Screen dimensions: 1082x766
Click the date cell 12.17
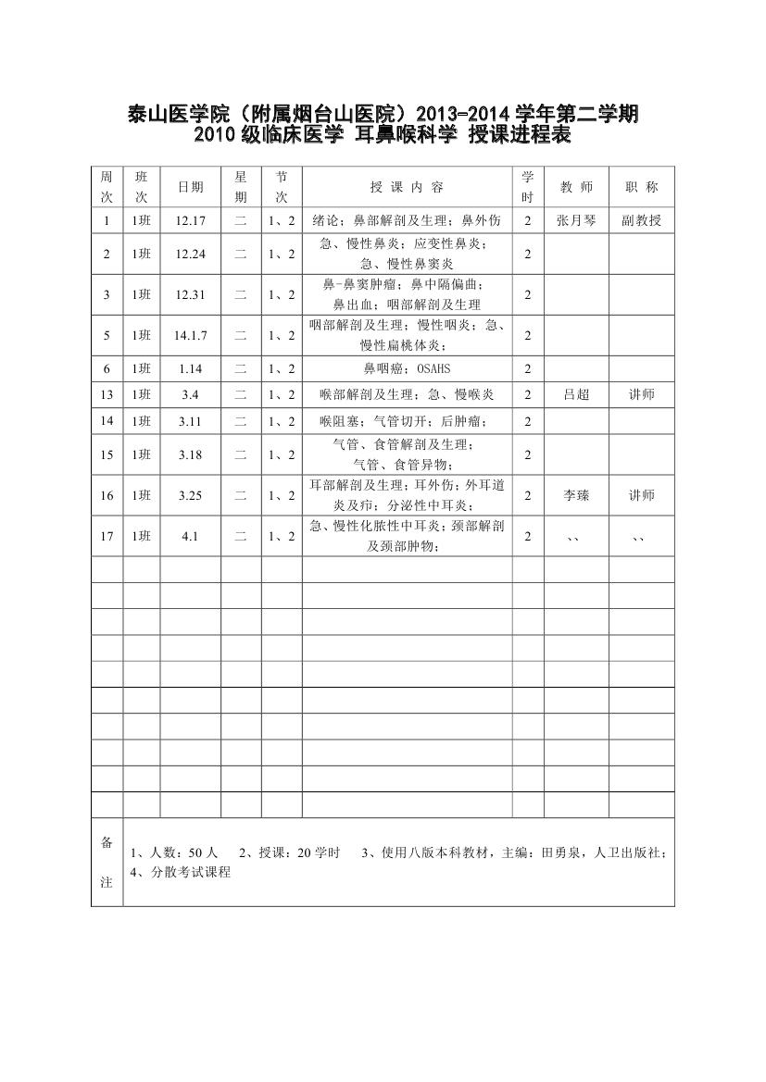tap(190, 221)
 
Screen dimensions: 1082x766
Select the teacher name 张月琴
tap(576, 221)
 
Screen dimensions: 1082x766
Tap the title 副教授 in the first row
tap(641, 221)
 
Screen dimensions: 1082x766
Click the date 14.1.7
tap(190, 335)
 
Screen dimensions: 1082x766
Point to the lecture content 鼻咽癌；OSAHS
tap(407, 369)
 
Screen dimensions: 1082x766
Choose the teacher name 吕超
tap(576, 395)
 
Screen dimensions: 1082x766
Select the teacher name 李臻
tap(576, 495)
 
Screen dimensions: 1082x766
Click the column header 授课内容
tap(407, 187)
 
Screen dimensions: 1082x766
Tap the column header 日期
tap(190, 187)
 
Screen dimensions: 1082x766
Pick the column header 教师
tap(576, 187)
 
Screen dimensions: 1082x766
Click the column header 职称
tap(641, 187)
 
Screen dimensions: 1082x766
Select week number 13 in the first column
tap(107, 395)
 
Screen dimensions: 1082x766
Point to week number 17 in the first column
tap(107, 537)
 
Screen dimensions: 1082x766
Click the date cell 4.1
tap(190, 537)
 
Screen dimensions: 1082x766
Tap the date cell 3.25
tap(190, 495)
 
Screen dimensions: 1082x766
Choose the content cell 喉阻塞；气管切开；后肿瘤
tap(407, 422)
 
